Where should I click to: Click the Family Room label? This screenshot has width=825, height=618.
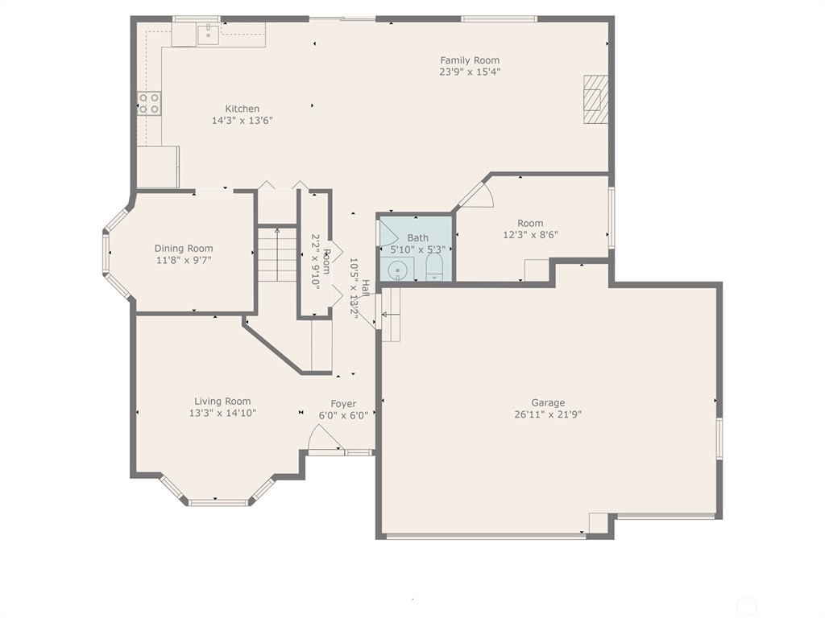pos(469,60)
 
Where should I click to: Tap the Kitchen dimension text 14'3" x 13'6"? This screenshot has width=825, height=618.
pos(242,121)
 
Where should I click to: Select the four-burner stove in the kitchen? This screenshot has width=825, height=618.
pos(149,103)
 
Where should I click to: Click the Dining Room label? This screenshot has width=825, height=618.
pos(184,249)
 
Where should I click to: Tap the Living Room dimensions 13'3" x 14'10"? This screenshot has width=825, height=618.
pos(222,414)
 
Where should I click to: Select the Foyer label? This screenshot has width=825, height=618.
pos(343,404)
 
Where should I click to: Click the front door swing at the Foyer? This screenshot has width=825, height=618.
pos(324,439)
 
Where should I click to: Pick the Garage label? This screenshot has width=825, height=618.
pos(548,403)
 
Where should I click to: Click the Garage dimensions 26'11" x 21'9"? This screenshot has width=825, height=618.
pos(548,415)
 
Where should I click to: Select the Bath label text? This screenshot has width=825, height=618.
pos(418,237)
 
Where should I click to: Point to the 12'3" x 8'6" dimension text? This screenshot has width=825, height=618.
pos(530,235)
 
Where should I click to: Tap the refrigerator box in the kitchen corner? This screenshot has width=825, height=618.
pos(158,167)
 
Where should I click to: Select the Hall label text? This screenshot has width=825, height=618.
pos(366,287)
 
